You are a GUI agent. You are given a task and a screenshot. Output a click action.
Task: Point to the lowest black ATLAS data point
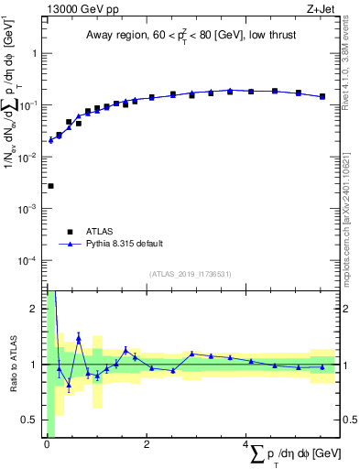tap(50, 186)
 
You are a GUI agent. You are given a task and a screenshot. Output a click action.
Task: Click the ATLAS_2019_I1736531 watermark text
tap(189, 274)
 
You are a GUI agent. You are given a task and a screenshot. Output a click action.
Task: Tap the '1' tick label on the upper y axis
tap(33, 53)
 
